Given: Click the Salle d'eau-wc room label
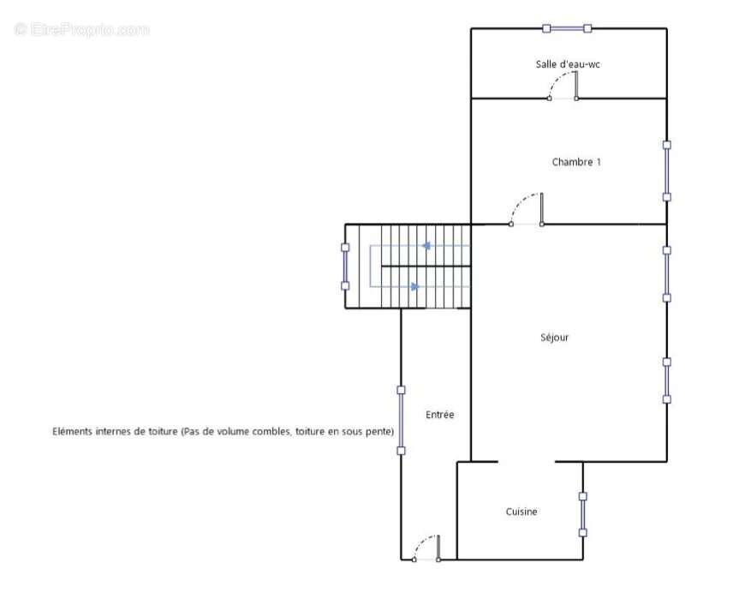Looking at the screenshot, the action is (568, 64).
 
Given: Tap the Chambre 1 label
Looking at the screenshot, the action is (576, 162).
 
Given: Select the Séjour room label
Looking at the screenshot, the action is (554, 337).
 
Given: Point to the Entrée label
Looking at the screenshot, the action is (439, 415).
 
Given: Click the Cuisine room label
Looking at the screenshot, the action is (521, 512).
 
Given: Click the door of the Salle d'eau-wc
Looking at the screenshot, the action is (563, 86).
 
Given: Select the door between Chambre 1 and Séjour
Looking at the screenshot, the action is (527, 209).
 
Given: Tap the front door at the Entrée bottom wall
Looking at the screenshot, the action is (426, 548).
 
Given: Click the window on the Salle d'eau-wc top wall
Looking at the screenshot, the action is (567, 28).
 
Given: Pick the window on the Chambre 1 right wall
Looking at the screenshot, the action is (667, 171).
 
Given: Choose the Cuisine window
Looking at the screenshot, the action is (583, 514).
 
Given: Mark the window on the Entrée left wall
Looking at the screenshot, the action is (401, 421).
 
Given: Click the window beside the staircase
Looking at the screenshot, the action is (345, 267).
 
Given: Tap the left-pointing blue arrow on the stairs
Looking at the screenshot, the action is (426, 246).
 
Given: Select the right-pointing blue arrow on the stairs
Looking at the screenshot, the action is (415, 287).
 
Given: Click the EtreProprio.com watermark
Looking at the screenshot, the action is (81, 29).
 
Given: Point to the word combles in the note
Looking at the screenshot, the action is (272, 431).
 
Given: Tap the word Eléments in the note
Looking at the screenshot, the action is (73, 431).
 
